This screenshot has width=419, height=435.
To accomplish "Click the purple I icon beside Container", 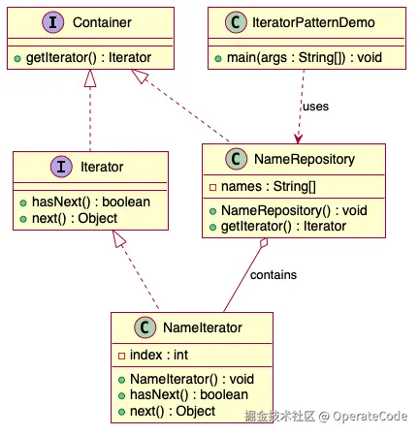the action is point(53,22).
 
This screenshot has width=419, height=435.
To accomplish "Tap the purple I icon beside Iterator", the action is point(61,167).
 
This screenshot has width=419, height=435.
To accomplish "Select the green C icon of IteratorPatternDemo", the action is point(236,22).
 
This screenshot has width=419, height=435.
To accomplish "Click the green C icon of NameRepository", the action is point(236,159).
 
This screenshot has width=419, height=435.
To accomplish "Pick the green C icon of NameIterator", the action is point(145,327).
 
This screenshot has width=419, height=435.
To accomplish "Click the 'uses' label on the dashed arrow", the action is point(315,107).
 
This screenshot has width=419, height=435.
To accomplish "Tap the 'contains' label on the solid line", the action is point(274,275).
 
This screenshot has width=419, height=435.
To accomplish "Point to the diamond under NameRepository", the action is point(264,243).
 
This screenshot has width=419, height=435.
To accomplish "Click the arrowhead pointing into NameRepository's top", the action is point(298,139).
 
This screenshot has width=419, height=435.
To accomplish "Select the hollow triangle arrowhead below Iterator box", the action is point(118,238).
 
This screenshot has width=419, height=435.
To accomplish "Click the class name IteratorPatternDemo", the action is point(313,22).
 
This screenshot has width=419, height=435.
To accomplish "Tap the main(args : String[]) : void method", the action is point(305,57).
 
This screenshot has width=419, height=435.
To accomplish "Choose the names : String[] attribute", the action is point(269,186).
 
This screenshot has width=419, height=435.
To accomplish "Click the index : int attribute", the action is point(159,355).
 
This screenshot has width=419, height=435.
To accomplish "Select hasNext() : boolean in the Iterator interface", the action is point(91,202).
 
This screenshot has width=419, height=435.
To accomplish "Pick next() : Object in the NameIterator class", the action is point(173,411).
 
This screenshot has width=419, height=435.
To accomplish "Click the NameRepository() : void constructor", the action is point(294,210).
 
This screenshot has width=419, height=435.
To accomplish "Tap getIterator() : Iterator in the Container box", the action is point(88,57).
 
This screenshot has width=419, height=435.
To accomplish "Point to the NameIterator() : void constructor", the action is point(192,379).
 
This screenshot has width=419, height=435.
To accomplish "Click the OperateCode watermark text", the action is point(370,417).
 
